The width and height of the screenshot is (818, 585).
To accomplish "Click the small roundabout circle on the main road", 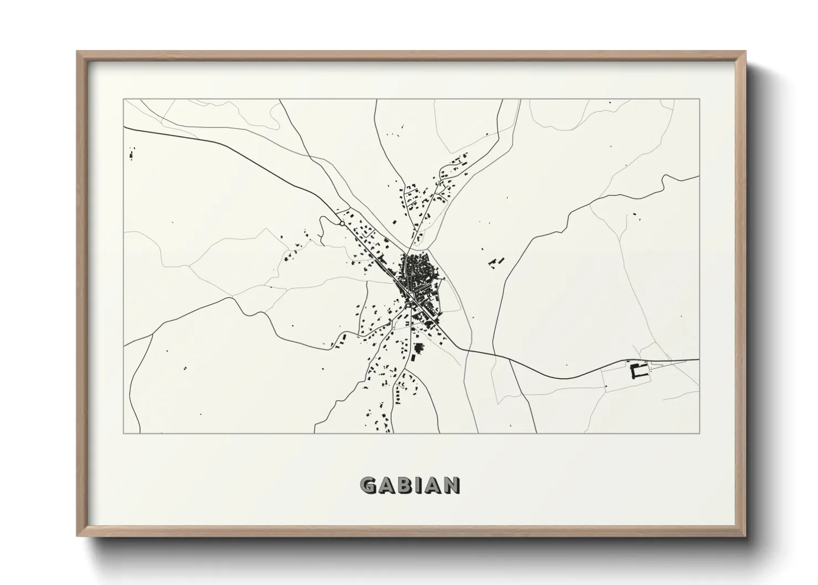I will pos(342,223).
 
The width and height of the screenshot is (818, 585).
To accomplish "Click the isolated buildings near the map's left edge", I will pos(132,153).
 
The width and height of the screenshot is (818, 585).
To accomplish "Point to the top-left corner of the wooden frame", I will pos(77,52).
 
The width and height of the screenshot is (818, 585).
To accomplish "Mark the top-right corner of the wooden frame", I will pos(744,52).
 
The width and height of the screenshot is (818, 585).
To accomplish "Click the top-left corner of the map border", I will pos(124,100).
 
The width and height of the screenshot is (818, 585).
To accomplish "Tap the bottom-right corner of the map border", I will pos(699,433).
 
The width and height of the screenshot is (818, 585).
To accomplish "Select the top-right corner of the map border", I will pos(699,100).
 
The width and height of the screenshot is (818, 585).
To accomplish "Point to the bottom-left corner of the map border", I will pos(124,433).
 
